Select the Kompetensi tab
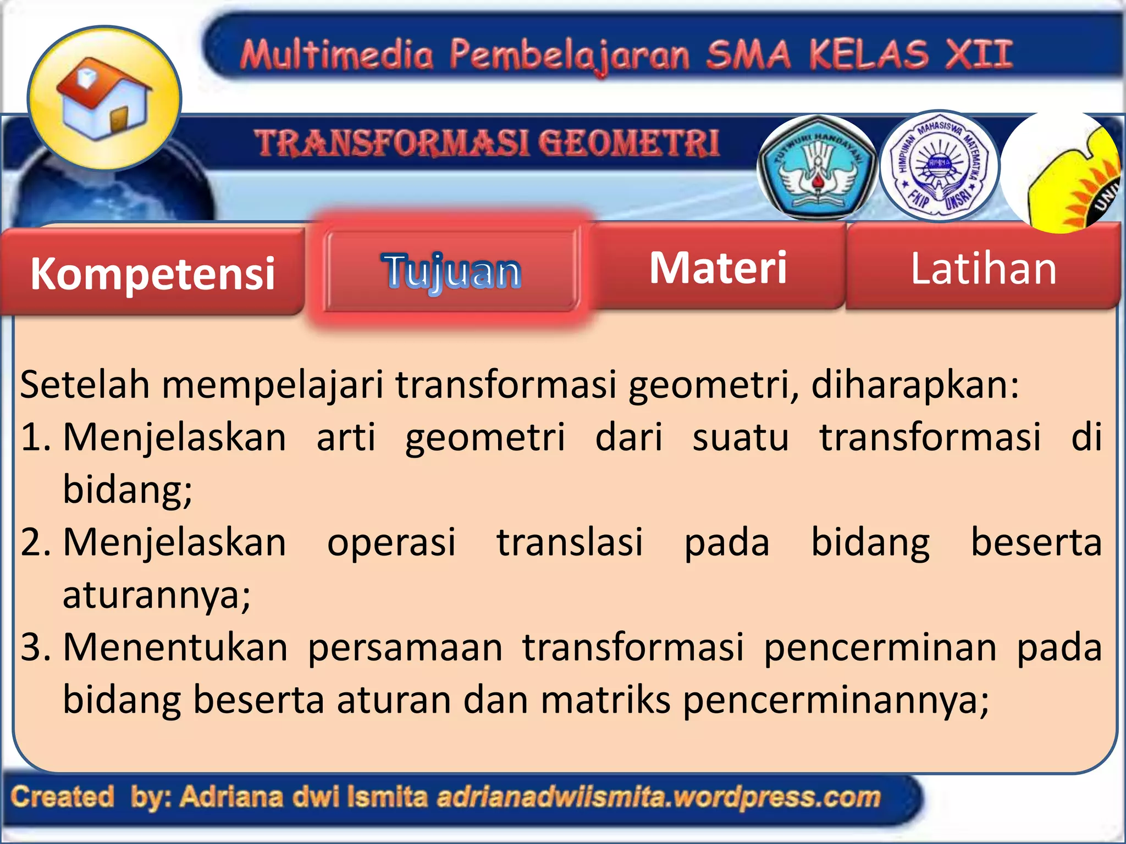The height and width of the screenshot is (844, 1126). tap(152, 273)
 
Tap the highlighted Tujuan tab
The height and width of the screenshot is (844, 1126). tap(451, 271)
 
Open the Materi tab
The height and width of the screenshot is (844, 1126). tap(718, 268)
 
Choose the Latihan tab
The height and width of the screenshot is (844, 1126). tap(983, 268)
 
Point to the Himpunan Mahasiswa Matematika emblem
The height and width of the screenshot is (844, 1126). tap(939, 165)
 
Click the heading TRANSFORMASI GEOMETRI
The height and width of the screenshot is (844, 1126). tap(487, 143)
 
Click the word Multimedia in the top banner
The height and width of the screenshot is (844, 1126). tap(336, 55)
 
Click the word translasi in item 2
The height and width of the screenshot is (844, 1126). tap(570, 542)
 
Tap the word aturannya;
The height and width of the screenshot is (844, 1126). tap(157, 595)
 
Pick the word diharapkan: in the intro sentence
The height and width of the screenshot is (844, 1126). tap(915, 384)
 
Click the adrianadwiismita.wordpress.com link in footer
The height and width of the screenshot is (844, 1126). tap(658, 797)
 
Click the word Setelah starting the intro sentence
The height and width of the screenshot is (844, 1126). tap(84, 384)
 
